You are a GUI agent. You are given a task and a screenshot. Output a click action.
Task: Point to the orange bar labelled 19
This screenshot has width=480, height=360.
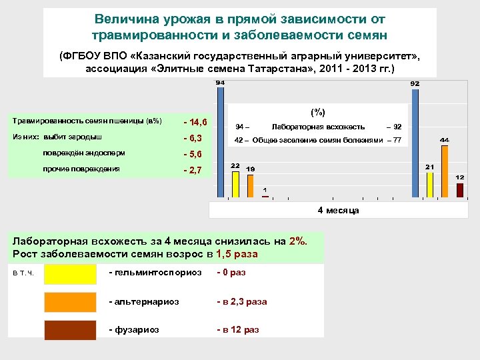point(250,186)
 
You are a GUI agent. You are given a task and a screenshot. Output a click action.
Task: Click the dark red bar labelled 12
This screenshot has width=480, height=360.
point(460,190)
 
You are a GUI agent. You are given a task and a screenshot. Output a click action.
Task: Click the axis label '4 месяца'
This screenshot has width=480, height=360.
point(338,210)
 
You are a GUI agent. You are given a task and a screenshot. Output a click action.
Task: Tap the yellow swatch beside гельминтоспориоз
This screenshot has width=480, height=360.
point(70,274)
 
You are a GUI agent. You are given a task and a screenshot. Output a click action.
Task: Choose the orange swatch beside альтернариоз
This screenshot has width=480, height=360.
point(70,302)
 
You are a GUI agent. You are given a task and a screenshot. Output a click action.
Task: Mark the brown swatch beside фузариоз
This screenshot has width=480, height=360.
point(70,330)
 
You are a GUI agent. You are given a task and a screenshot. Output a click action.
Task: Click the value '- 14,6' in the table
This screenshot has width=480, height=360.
point(195,123)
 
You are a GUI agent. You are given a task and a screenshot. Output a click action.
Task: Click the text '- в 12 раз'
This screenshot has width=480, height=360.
point(237,329)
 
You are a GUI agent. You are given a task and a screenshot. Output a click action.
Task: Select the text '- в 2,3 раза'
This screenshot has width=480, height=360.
point(241,301)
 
